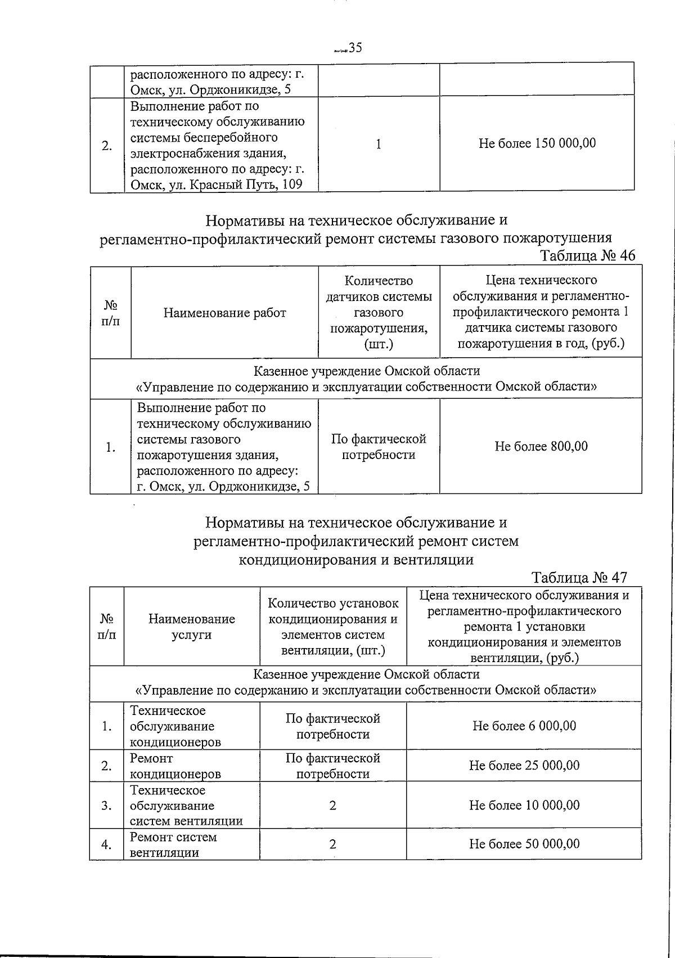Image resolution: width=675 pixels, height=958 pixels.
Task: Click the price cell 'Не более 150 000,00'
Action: coord(537,143)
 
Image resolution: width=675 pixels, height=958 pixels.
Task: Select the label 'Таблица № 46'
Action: coord(587,255)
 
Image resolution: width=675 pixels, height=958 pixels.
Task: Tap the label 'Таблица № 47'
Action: coord(579,578)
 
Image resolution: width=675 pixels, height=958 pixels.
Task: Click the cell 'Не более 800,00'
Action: coord(541,447)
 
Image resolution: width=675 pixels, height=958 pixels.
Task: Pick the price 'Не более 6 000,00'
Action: coord(524,726)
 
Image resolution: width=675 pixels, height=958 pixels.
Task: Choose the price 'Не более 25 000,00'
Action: coord(524,766)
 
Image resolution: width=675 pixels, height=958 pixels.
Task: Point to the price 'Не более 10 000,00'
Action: coord(524,805)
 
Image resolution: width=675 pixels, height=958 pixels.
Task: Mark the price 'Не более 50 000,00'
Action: coord(524,844)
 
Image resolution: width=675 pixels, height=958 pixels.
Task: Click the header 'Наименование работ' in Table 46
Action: coord(224,313)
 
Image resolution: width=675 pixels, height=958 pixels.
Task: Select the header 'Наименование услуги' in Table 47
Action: coord(191,627)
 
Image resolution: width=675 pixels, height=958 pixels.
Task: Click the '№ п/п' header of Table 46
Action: coord(110,313)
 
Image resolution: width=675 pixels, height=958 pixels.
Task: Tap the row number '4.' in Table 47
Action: coord(106,844)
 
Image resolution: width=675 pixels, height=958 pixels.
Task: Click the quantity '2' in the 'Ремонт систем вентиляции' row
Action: coord(332,844)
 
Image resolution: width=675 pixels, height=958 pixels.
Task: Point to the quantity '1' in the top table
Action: coord(379,144)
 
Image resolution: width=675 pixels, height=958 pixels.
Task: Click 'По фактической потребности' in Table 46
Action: coord(378,447)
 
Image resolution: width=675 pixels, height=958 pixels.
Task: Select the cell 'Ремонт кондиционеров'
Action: coord(175,766)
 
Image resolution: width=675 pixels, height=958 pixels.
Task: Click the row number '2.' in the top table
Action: coord(106,146)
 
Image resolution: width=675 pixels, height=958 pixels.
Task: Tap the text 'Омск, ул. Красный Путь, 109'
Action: coord(216,185)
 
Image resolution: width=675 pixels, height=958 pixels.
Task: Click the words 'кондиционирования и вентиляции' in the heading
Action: coord(356,560)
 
